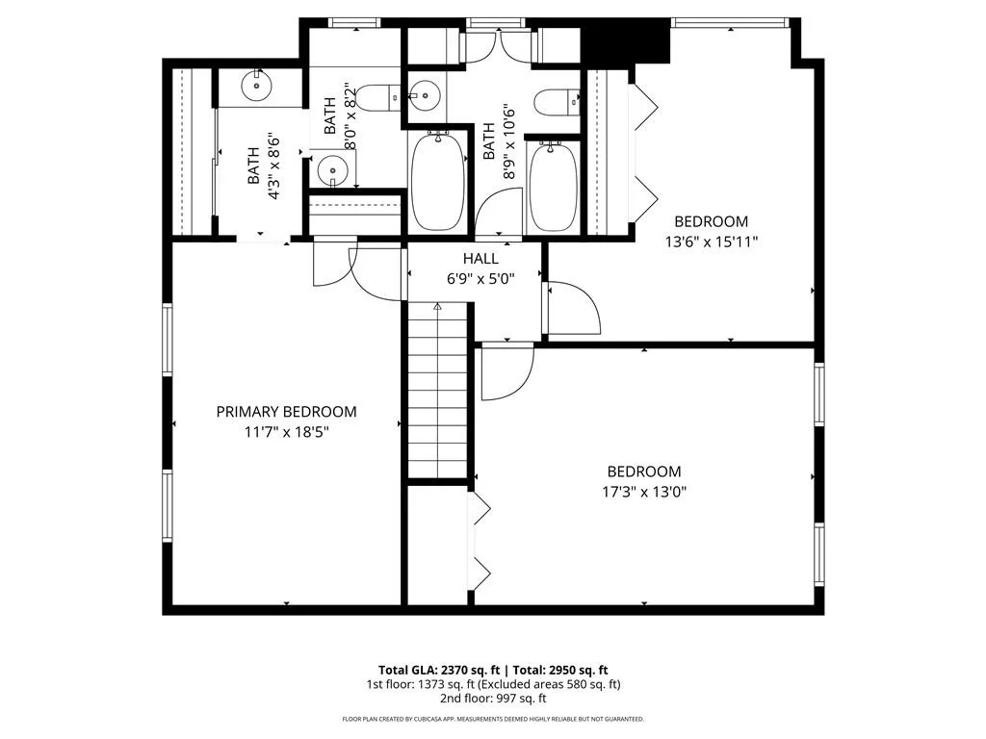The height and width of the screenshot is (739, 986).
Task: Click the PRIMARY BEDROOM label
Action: (286, 412)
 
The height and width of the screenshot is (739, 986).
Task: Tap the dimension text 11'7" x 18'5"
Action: (287, 432)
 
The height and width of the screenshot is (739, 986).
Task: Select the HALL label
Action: (481, 258)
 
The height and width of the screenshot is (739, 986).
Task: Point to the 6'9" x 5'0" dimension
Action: (481, 278)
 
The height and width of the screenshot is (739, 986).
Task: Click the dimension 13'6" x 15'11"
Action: (712, 242)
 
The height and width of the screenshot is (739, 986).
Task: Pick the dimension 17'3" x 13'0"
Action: (644, 492)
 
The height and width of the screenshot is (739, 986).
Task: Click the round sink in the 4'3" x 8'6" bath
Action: (256, 85)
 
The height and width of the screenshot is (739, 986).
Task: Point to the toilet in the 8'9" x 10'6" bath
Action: (558, 102)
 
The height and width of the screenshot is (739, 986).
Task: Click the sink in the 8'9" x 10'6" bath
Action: (425, 96)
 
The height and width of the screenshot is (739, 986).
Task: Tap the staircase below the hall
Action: (438, 391)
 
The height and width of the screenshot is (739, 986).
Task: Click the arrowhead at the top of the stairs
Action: (438, 306)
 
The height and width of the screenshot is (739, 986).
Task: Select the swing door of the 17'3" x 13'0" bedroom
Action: (506, 373)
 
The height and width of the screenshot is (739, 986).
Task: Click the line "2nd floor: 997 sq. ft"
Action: (493, 699)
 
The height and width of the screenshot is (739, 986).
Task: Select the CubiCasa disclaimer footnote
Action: (493, 719)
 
